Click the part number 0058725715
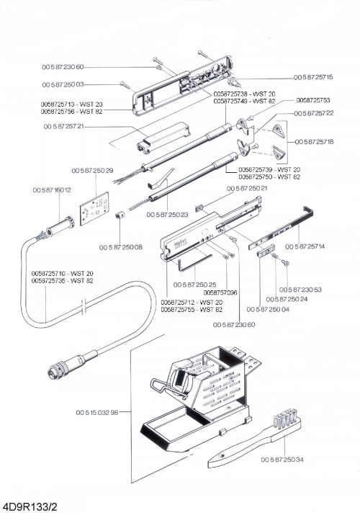(x=313, y=77)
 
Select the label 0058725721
(x=63, y=126)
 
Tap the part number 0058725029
(x=92, y=171)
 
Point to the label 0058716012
(x=52, y=189)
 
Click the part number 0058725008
(x=121, y=247)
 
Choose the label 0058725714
(x=305, y=246)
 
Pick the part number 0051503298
(x=97, y=413)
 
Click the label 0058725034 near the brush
(x=282, y=460)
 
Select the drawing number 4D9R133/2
(x=27, y=507)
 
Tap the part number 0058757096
(x=220, y=293)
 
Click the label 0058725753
(x=313, y=100)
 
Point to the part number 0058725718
(x=314, y=142)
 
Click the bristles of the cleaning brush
(x=285, y=418)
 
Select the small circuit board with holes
(x=94, y=209)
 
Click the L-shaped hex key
(x=193, y=263)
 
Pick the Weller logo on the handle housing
(x=180, y=244)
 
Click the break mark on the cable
(x=84, y=306)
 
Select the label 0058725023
(x=167, y=215)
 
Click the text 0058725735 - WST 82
(x=62, y=281)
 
